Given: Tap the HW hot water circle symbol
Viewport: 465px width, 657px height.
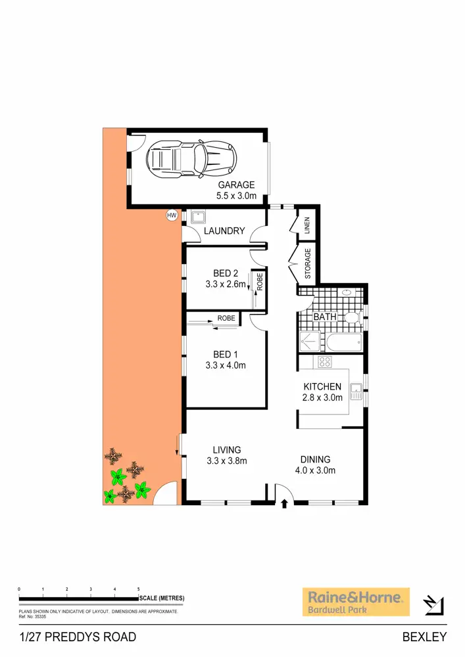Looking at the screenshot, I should pos(172,215).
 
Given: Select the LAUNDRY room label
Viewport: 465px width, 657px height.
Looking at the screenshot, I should pos(224,231).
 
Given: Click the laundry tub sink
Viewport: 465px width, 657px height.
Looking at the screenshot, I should pos(197,217).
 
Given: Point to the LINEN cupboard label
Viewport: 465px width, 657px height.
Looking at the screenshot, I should pos(306,226).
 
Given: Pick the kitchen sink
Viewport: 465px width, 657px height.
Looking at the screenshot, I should pos(356,392).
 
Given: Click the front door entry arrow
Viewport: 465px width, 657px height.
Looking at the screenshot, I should pos(284,505).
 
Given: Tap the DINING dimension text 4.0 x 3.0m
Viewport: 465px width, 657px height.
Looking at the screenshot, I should pos(315,470).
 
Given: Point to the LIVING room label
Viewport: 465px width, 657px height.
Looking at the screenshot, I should pos(226,450).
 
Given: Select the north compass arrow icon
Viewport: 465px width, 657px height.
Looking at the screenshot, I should pos(435,604).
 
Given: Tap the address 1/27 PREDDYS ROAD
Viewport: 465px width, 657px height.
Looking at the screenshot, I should pos(78,637).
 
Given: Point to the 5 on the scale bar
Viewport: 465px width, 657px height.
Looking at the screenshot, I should pos(138,589).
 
